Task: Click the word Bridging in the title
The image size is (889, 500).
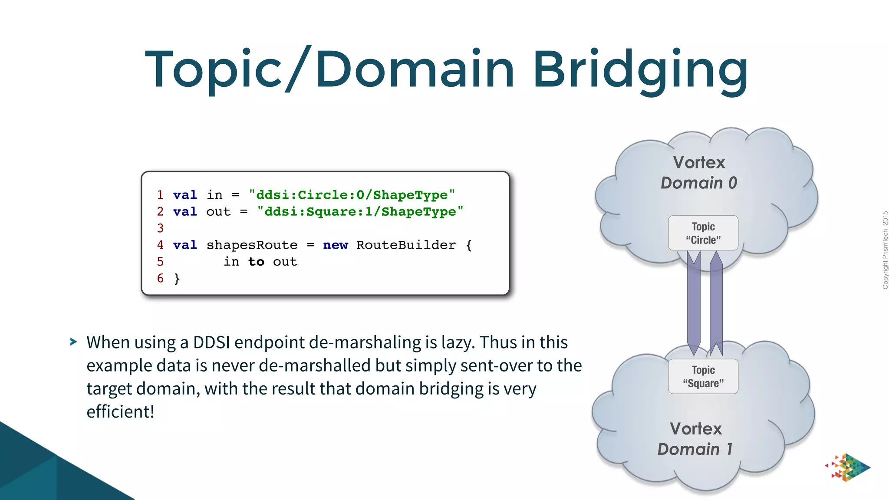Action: pos(640,69)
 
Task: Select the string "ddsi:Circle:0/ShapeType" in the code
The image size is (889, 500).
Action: pos(352,195)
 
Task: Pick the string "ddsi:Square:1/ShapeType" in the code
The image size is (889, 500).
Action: pos(360,212)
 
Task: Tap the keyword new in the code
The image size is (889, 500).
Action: pos(336,245)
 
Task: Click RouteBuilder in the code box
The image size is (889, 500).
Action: pos(406,245)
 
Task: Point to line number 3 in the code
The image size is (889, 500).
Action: pos(160,228)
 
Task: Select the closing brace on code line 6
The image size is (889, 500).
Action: pos(177,279)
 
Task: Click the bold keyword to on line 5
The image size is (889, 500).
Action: pos(256,262)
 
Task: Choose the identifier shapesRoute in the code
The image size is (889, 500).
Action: pos(252,245)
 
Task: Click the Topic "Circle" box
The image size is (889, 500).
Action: pos(703,233)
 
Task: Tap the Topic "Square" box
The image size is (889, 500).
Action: pos(703,376)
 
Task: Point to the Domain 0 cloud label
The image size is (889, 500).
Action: pos(699,183)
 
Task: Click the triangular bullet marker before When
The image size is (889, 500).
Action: pos(73,342)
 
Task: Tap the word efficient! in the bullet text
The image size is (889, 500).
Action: pos(120,411)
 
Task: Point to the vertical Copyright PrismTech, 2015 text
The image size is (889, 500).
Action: pos(885,250)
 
